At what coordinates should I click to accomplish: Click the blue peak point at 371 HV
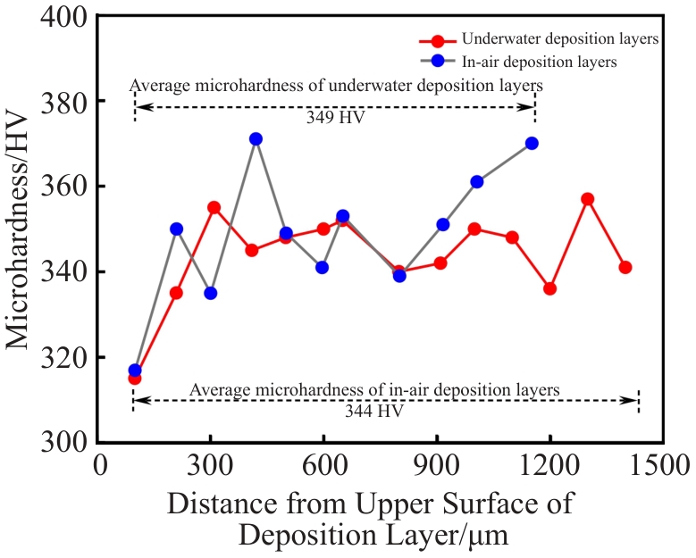(x=256, y=139)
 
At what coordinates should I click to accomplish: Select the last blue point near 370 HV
(x=532, y=144)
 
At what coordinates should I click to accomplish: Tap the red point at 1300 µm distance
(x=588, y=199)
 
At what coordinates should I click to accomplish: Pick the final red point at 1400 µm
(x=625, y=268)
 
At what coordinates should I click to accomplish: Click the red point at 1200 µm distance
(x=549, y=289)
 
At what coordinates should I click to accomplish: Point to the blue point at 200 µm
(x=176, y=229)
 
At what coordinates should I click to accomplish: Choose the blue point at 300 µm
(x=211, y=293)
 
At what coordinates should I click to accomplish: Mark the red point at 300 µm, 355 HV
(x=214, y=207)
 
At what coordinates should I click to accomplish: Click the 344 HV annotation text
(x=373, y=412)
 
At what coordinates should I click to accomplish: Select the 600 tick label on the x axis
(x=323, y=466)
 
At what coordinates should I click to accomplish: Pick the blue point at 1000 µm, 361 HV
(x=477, y=182)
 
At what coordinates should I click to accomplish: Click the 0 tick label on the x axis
(x=100, y=466)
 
